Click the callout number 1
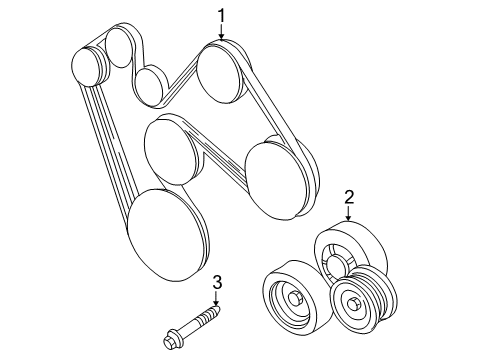point(222,14)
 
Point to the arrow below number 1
point(222,32)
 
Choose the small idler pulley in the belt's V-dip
point(150,85)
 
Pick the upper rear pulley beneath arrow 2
point(345,252)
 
